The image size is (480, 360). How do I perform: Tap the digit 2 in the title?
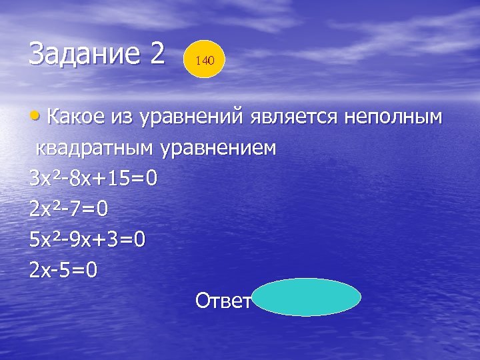[x=157, y=53]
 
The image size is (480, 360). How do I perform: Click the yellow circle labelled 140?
[x=205, y=60]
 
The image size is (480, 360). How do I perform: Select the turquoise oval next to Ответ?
[x=307, y=297]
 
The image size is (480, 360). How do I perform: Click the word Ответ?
[x=223, y=301]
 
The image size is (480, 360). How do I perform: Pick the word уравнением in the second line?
[x=221, y=148]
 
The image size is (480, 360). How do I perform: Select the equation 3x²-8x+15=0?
[x=93, y=179]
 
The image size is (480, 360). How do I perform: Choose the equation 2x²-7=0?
[x=69, y=209]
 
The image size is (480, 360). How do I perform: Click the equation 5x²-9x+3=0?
[x=87, y=240]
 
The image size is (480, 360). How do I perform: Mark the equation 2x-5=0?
[x=63, y=271]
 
